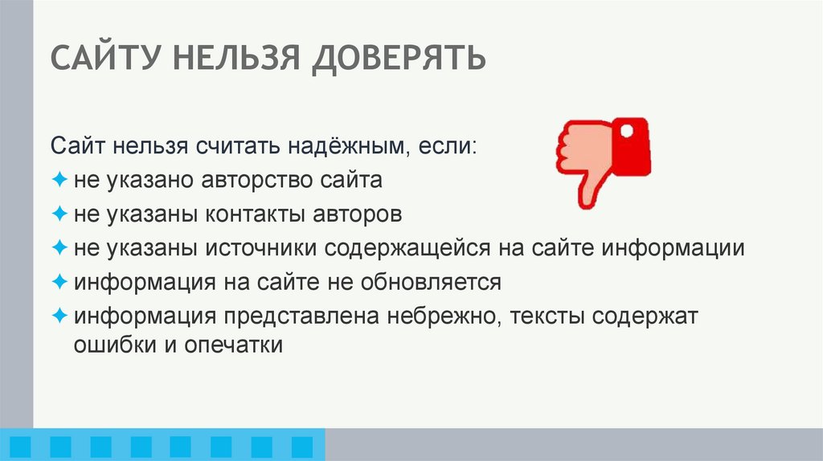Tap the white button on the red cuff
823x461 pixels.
[x=626, y=129]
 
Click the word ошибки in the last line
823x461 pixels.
[x=109, y=345]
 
